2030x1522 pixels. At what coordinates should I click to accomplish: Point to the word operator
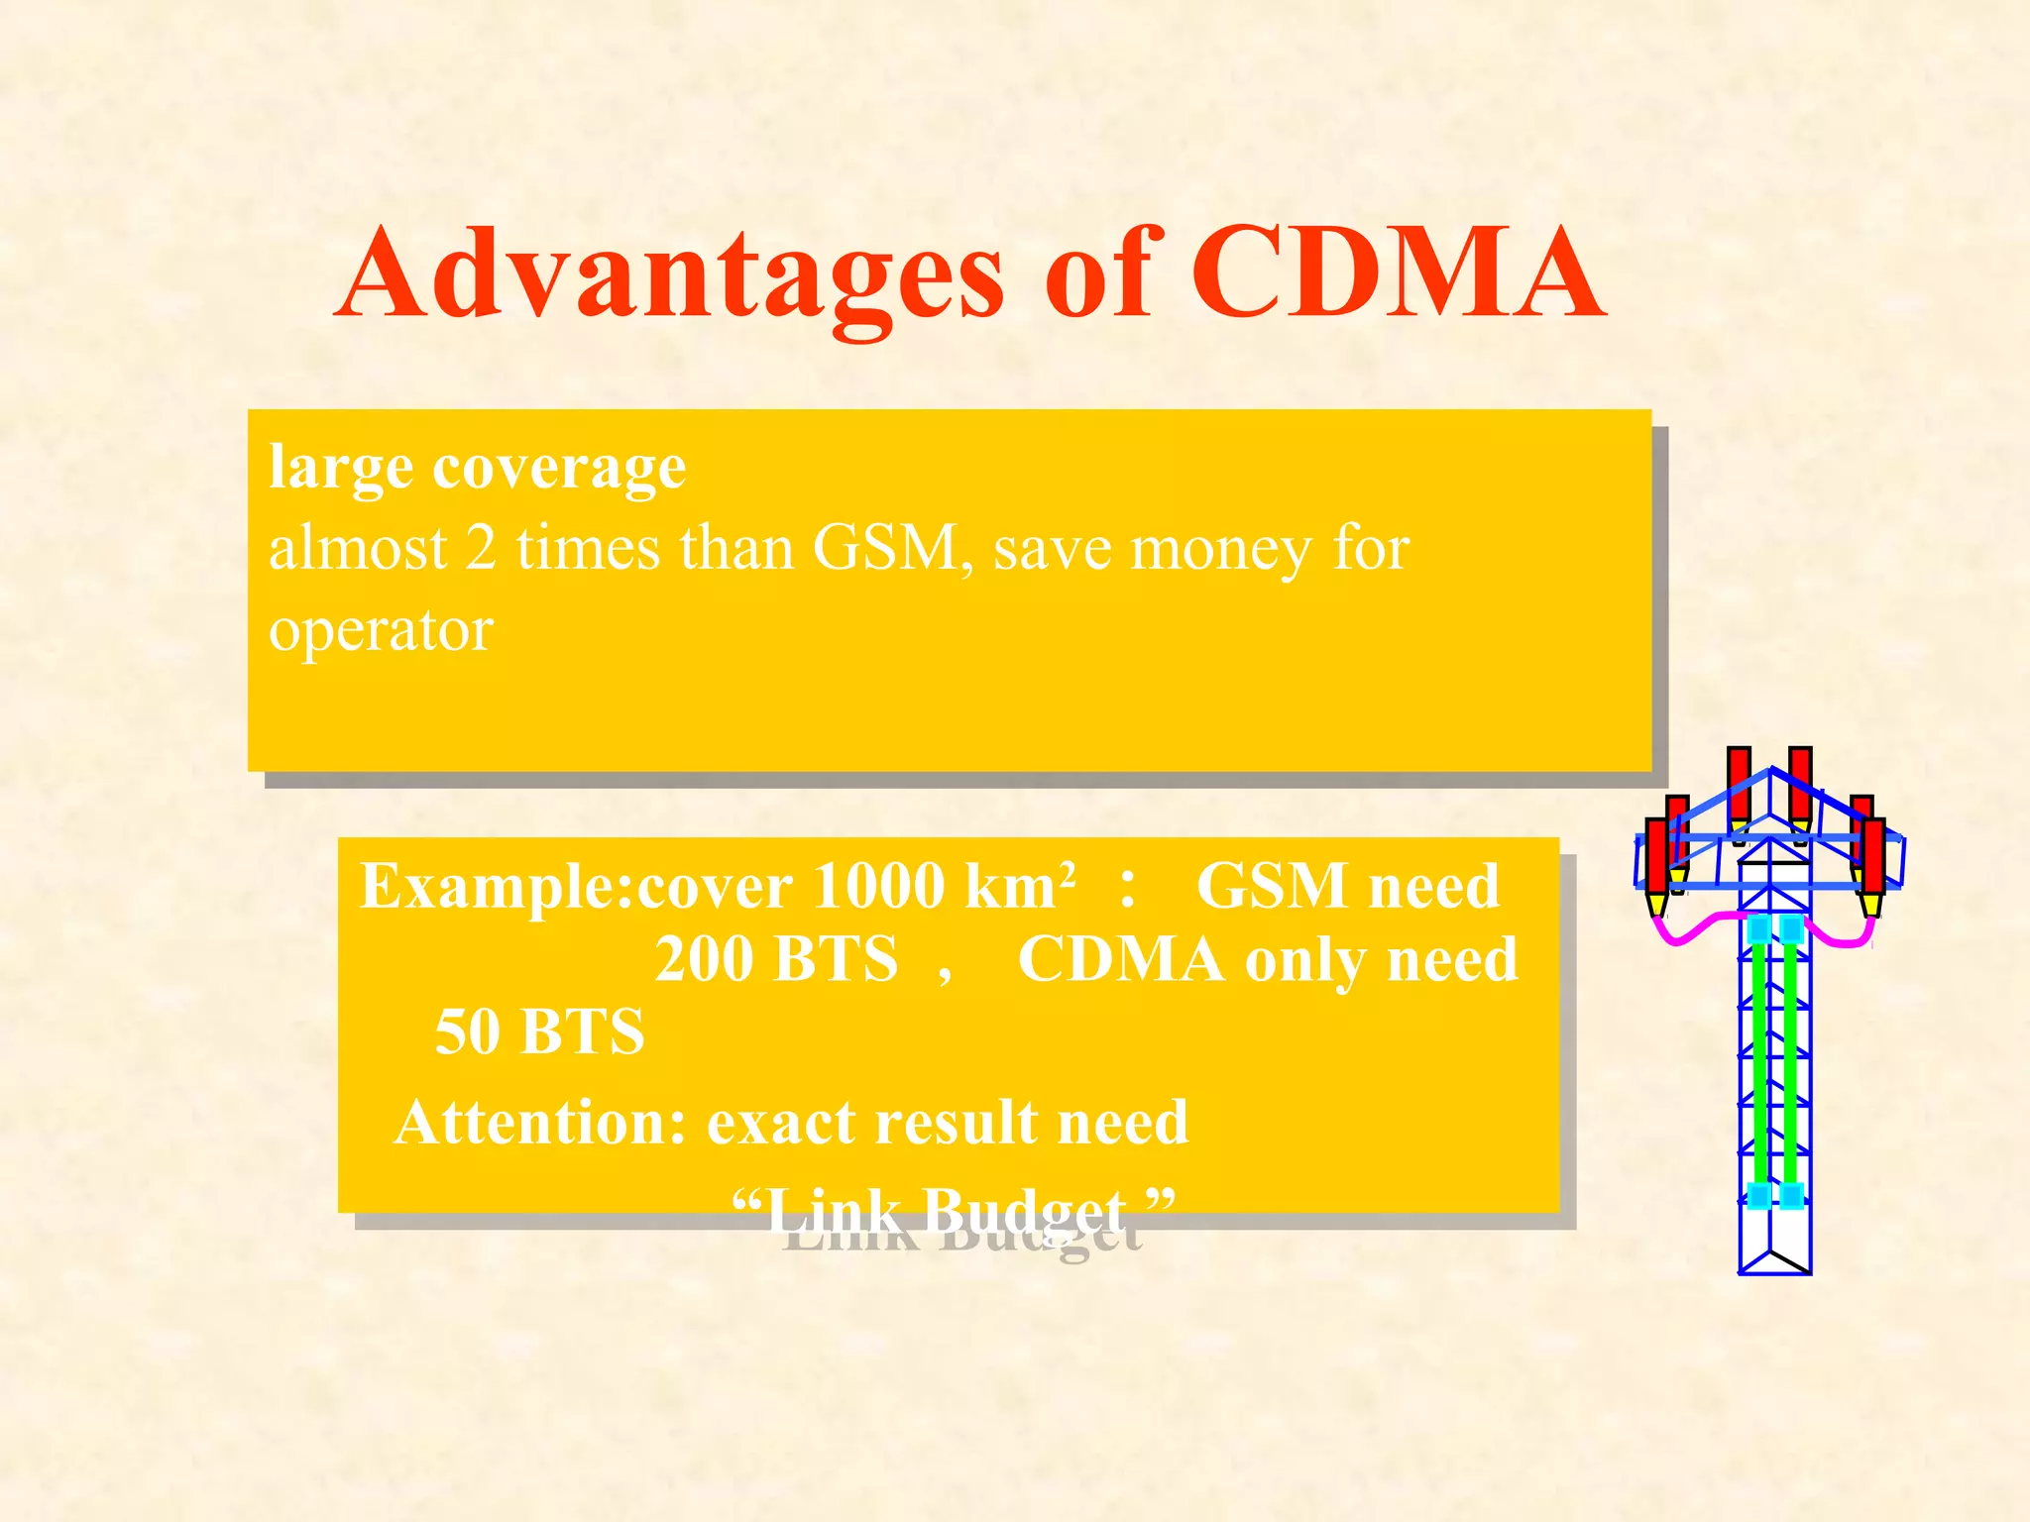tap(381, 630)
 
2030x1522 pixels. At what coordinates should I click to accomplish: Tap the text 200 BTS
tap(776, 959)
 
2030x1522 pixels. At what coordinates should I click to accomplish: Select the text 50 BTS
tap(540, 1032)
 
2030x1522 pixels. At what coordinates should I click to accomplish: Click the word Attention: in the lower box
tap(540, 1123)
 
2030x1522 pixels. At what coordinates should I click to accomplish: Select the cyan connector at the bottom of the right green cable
tap(1792, 1195)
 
